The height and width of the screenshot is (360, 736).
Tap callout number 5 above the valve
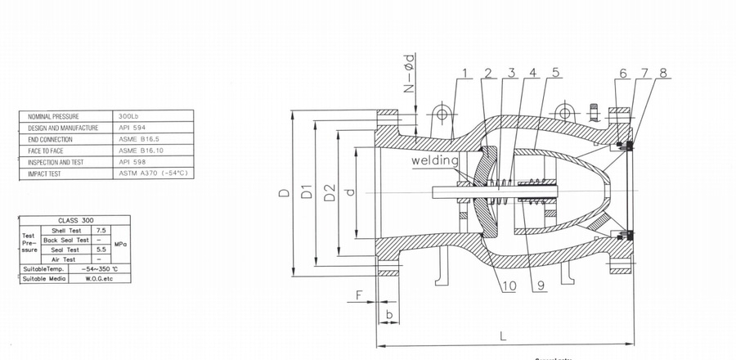[x=555, y=74]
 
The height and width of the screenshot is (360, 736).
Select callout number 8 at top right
[x=663, y=74]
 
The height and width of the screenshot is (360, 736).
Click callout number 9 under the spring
[x=536, y=286]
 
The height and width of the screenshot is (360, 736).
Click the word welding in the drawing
[x=434, y=161]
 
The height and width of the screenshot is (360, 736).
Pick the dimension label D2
[x=329, y=193]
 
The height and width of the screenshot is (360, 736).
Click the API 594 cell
[x=132, y=128]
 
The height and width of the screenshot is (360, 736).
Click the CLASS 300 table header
[x=75, y=220]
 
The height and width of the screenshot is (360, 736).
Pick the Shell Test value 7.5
[x=101, y=231]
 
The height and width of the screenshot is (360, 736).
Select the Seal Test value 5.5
[x=101, y=250]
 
